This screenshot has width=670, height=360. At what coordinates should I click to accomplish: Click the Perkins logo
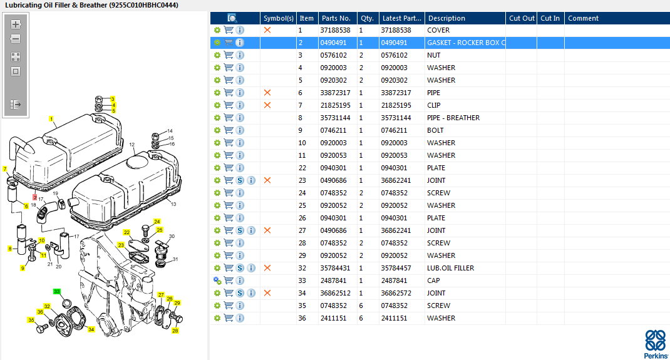pos(656,344)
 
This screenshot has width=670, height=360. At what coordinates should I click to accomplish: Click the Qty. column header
pos(368,18)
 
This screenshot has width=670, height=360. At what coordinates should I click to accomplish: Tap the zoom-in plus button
pos(16,24)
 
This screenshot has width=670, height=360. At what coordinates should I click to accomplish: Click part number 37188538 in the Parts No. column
pos(336,30)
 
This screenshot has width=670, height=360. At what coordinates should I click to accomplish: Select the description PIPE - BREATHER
pos(453,118)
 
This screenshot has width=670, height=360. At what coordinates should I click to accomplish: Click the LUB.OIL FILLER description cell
pos(450,268)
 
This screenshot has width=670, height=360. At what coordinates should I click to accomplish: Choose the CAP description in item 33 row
pos(433,280)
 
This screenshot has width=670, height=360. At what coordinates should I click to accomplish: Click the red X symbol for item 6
pos(267,93)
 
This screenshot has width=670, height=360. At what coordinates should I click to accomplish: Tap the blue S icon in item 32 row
pos(240,268)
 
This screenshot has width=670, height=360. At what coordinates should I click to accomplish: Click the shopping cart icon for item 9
pos(229,130)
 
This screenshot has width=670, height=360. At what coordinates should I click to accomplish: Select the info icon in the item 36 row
pos(240,318)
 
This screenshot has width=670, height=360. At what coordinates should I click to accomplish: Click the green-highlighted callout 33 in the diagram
pos(57,292)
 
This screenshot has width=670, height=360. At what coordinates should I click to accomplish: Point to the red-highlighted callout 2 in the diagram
pos(35,197)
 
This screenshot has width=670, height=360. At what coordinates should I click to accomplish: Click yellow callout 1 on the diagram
pos(51,119)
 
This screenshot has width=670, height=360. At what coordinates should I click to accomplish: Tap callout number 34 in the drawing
pos(91,329)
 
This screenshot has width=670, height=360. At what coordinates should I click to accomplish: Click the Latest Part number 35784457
pos(396,268)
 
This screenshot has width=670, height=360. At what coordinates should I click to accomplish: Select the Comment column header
pos(583,18)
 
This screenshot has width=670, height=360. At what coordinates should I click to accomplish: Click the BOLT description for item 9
pos(435,130)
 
